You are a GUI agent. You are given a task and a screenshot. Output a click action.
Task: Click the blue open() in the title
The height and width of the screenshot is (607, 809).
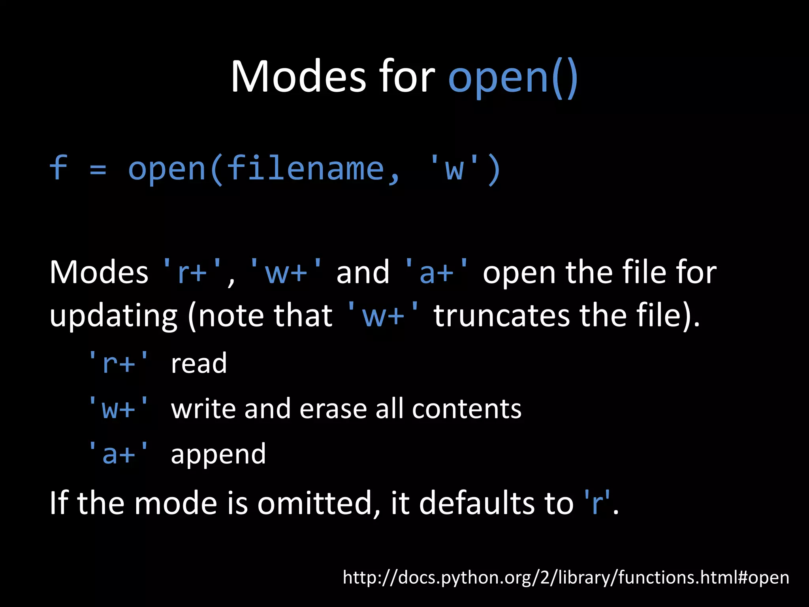point(513,77)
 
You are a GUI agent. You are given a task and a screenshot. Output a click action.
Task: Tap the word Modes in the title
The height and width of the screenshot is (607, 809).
point(298,77)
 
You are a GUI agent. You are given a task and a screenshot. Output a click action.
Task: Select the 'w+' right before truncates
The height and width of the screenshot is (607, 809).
point(382,316)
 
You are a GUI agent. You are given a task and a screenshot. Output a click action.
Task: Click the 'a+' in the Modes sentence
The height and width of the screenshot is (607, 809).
point(436,273)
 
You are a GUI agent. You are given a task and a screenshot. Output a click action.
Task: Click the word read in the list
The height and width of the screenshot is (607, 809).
point(199,363)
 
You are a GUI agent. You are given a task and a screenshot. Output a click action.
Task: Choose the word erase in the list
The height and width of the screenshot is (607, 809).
point(333,409)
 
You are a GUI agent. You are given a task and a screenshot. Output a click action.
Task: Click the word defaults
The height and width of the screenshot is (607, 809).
point(496,503)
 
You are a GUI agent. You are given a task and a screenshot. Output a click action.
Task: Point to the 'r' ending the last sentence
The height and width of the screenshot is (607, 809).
point(597,503)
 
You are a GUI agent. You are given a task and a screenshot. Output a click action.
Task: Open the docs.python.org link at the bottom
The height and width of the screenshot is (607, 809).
point(566,577)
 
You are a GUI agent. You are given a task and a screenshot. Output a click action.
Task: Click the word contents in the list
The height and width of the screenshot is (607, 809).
point(467,409)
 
